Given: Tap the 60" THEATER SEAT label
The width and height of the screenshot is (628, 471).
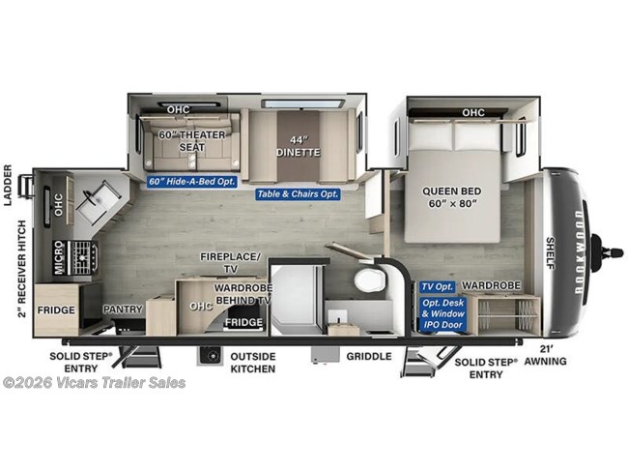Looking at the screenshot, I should [x=185, y=140].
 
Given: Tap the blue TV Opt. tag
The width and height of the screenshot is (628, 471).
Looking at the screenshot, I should [x=438, y=286].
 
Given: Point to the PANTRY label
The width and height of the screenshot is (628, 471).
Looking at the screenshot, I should [x=124, y=309].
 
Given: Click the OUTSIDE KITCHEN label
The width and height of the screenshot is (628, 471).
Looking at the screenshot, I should [x=252, y=363].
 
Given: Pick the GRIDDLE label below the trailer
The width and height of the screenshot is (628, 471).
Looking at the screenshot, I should [x=370, y=357].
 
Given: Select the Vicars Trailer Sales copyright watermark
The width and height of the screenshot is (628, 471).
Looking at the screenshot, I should [x=94, y=382].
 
